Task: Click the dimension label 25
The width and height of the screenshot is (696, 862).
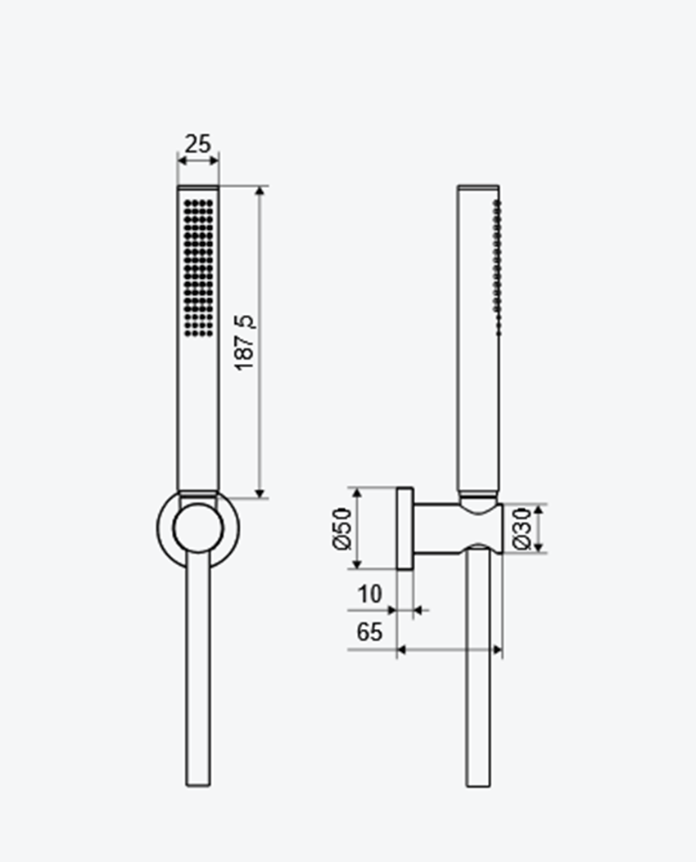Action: pos(197,143)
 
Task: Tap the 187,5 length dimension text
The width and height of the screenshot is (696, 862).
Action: pos(245,343)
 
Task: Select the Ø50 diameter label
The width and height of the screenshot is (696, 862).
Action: pos(341,528)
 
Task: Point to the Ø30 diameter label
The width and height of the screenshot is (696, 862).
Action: pos(522,528)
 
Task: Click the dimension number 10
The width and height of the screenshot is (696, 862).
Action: pos(369,594)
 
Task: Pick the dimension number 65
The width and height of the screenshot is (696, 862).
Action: pos(369,631)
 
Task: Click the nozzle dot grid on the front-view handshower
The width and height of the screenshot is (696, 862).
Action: pos(199,267)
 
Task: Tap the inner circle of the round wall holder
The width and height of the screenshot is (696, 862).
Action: pos(198,528)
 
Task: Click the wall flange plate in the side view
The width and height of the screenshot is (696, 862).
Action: pos(405,528)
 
